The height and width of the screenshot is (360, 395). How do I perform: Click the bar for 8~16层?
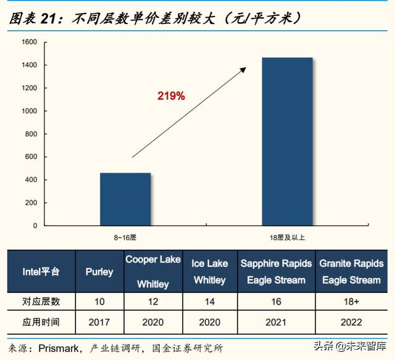(125, 198)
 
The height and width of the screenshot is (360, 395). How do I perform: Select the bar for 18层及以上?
(287, 141)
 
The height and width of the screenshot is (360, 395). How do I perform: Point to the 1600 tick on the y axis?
(30, 42)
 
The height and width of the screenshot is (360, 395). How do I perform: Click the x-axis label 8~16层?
(125, 237)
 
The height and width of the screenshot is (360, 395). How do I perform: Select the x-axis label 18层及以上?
(287, 237)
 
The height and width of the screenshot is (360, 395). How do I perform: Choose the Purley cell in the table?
(99, 271)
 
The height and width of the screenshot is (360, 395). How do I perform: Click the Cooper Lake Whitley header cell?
(153, 271)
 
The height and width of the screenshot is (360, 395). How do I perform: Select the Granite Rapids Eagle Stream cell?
(351, 271)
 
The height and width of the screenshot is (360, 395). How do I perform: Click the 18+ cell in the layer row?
(351, 302)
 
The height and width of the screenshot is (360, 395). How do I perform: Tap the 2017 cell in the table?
(99, 322)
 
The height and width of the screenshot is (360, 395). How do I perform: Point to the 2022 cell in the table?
(351, 322)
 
